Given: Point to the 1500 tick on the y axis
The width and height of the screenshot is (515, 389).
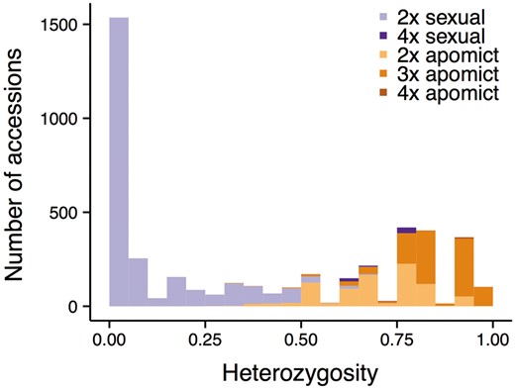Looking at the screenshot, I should coord(72,23).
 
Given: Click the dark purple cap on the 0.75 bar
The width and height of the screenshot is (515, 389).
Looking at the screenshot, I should coord(406,230).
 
